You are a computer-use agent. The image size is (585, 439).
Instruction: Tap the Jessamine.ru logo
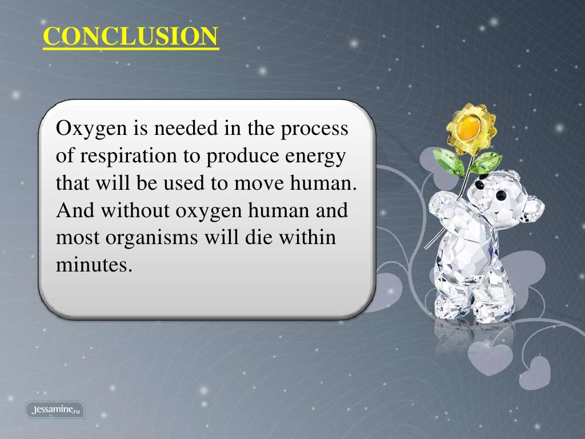click(55, 409)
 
